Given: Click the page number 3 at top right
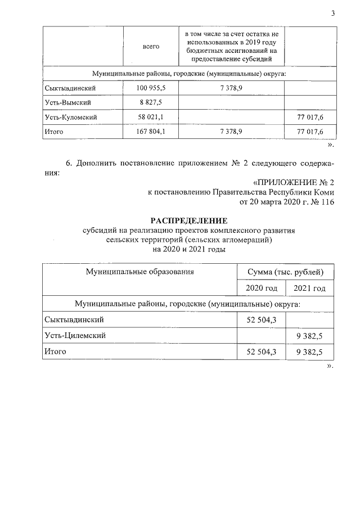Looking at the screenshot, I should pos(332,14).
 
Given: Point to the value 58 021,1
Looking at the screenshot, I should pos(150,118).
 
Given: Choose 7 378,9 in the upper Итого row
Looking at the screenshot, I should pos(231,132).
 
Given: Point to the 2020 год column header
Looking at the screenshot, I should pos(262,289).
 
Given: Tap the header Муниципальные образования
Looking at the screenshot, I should pos(139,272).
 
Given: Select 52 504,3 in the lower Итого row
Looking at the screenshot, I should pos(262,352).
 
